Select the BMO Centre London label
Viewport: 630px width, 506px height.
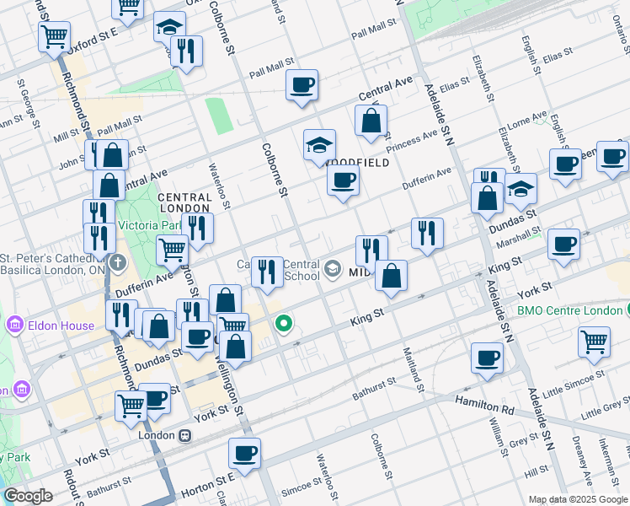(569, 310)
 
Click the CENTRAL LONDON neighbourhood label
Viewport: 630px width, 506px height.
(184, 202)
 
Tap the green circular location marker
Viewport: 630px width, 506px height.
(285, 323)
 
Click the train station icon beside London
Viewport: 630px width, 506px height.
(184, 436)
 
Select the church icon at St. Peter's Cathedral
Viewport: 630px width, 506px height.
(117, 262)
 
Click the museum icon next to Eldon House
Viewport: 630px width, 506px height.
(15, 325)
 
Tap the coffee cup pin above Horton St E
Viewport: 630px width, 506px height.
(244, 453)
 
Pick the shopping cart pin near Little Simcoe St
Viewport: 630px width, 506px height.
(594, 342)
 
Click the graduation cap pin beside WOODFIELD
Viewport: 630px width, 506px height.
(320, 145)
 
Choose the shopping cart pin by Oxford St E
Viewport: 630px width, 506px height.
(54, 37)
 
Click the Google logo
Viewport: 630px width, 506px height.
(28, 496)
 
